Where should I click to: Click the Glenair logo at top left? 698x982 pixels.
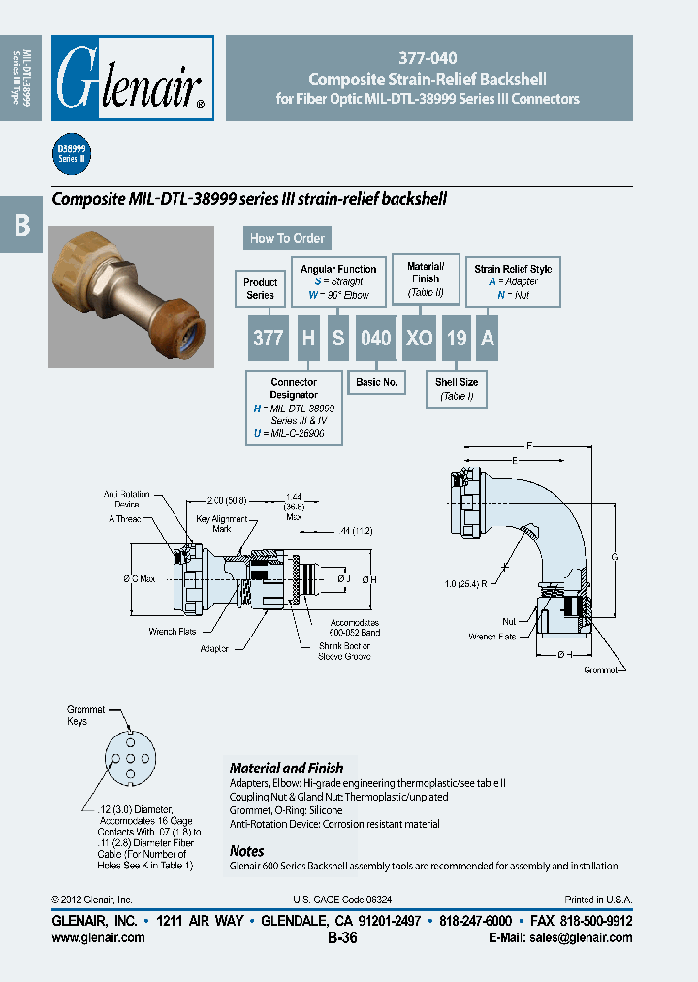(132, 78)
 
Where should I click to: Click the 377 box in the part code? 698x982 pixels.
(268, 338)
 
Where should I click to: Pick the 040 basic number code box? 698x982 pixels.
(375, 338)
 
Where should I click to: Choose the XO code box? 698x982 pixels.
(419, 338)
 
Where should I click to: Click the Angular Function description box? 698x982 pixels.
(338, 280)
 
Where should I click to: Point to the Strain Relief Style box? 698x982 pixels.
(513, 280)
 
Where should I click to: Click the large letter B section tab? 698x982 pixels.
(21, 225)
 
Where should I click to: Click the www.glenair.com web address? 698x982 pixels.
(98, 937)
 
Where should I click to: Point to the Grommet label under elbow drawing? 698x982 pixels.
(600, 670)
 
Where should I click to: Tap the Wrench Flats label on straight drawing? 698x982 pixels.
(174, 631)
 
